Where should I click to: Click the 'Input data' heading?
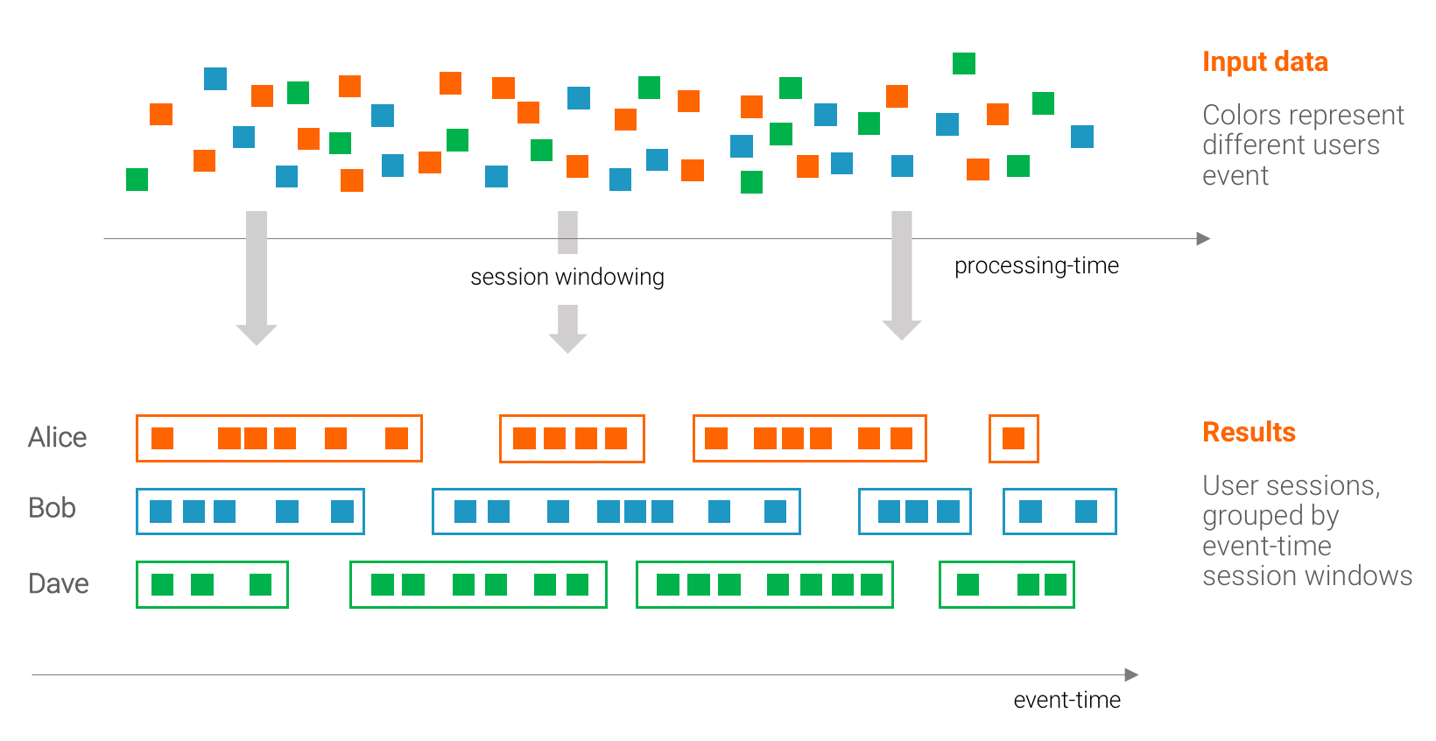point(1264,62)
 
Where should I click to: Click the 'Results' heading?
point(1249,432)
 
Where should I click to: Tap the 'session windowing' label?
point(567,277)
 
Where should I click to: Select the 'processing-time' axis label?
point(1036,265)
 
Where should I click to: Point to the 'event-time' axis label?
point(1066,700)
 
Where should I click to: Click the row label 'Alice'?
point(57,437)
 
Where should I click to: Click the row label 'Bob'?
point(52,508)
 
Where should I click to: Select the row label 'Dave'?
point(58,583)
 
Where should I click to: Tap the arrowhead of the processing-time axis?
point(1204,238)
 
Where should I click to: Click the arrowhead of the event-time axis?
point(1131,674)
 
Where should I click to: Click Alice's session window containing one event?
point(1013,438)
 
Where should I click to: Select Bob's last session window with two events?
point(1059,512)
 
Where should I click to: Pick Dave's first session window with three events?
point(212,584)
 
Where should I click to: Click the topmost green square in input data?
point(963,63)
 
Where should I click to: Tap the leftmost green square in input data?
point(137,180)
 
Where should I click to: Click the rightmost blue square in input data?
point(1082,137)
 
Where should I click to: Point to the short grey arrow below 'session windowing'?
point(567,328)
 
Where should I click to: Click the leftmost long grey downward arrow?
point(257,277)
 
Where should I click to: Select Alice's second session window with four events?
point(572,438)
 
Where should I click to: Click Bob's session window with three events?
point(915,512)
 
